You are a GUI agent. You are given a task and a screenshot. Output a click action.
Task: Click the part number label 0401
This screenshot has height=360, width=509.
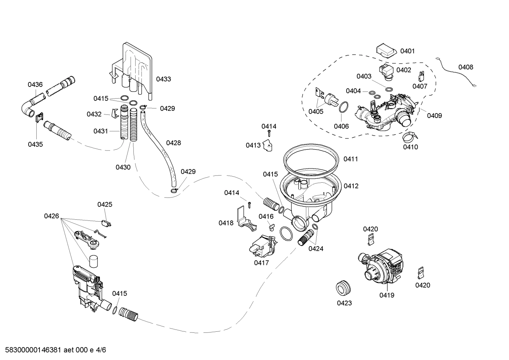(x=407, y=51)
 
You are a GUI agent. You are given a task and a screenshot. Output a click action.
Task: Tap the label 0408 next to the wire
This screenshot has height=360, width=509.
(x=466, y=67)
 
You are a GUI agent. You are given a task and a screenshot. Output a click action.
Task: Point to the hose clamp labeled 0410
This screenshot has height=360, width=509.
(x=409, y=136)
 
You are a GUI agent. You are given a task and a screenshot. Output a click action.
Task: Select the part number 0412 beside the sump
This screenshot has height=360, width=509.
(x=351, y=186)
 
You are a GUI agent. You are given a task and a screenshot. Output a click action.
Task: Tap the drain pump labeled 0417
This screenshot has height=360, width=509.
(x=263, y=246)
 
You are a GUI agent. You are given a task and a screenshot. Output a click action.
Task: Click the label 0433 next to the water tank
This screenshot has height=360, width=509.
(x=163, y=79)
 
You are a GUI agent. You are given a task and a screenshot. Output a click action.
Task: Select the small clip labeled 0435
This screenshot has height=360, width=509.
(x=39, y=117)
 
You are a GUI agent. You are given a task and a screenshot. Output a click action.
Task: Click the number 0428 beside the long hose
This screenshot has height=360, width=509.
(x=173, y=143)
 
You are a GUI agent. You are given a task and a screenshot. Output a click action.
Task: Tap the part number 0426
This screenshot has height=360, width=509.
(x=52, y=216)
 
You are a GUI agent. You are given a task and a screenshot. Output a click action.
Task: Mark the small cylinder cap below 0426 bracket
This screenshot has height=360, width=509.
(x=94, y=261)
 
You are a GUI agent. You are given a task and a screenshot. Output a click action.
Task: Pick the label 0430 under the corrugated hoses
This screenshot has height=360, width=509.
(x=123, y=167)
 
